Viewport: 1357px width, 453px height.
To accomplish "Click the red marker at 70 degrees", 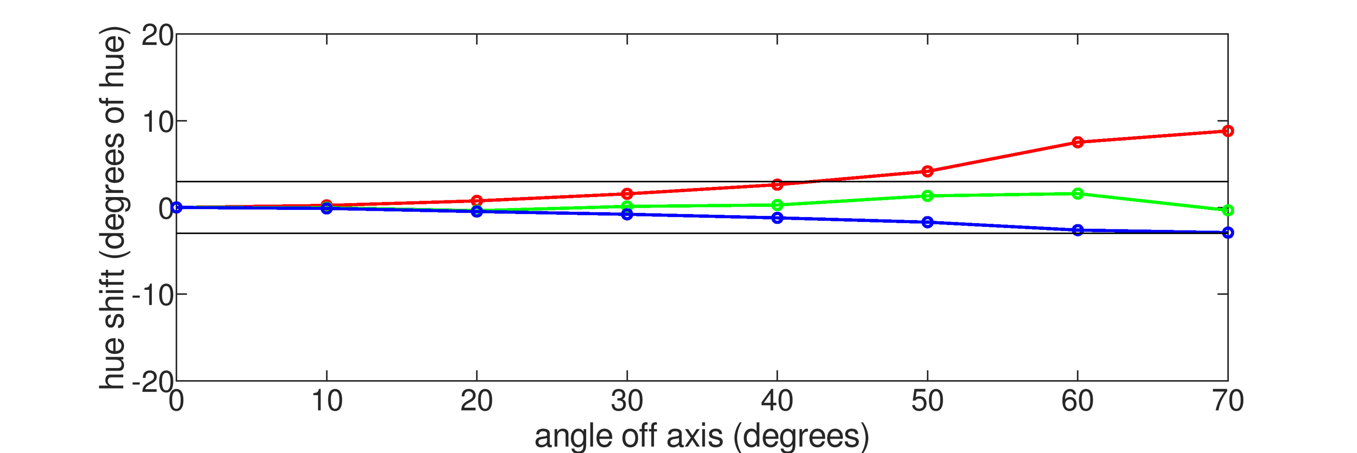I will tap(1228, 131).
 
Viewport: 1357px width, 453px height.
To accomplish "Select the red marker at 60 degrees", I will tap(1078, 142).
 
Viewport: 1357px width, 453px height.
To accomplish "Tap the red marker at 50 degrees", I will tap(928, 171).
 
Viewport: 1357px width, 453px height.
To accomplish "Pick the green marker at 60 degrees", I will tap(1078, 194).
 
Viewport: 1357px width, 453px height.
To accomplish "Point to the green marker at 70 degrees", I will tap(1228, 211).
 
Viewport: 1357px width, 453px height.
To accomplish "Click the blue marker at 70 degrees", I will tap(1228, 233).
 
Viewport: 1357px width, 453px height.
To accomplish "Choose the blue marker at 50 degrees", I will tap(928, 222).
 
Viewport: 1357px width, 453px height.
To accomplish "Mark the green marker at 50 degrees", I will tap(928, 196).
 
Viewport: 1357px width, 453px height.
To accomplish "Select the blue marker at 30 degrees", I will tap(627, 214).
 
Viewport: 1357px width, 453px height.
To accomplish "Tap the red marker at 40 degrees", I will tap(777, 185).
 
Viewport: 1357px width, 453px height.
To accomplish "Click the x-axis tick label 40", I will tap(777, 401).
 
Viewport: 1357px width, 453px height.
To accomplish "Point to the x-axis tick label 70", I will tap(1228, 401).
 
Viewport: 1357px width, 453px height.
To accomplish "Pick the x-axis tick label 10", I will tap(327, 401).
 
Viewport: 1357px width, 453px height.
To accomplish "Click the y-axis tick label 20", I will tap(157, 36).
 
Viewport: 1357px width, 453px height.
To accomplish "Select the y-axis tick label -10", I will tap(152, 296).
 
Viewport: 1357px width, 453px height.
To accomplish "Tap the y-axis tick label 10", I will tap(157, 123).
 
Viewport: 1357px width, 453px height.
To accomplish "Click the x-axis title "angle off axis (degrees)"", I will tap(702, 436).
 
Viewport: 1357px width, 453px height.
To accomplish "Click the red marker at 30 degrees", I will tap(627, 194).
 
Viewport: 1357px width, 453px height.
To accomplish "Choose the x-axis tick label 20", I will tap(477, 401).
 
